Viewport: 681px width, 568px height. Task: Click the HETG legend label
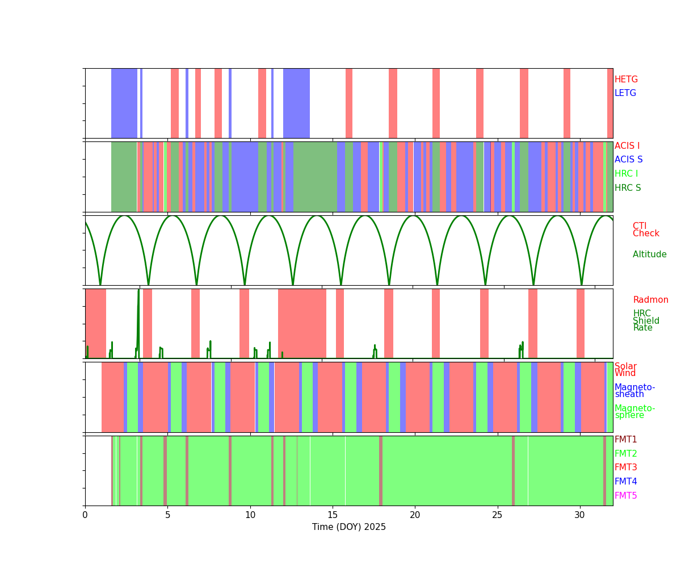[x=626, y=80]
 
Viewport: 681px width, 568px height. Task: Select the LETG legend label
[x=625, y=93]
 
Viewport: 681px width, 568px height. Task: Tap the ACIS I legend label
[x=627, y=146]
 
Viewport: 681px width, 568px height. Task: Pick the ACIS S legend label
[x=628, y=160]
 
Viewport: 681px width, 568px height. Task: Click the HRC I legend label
[x=626, y=174]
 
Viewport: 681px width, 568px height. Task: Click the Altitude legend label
[x=649, y=254]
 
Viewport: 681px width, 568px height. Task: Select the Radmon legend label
[x=650, y=300]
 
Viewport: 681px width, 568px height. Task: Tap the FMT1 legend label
[x=625, y=440]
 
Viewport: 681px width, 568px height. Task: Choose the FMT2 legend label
[x=625, y=454]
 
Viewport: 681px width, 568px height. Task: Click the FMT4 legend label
[x=625, y=482]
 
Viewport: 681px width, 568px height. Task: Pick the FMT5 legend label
[x=625, y=496]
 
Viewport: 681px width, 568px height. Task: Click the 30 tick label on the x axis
[x=579, y=515]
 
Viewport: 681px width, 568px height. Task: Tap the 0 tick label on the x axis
[x=85, y=515]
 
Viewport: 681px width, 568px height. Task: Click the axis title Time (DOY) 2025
[x=348, y=527]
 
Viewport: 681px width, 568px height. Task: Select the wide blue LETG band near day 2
[x=124, y=103]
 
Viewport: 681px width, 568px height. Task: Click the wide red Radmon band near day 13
[x=302, y=324]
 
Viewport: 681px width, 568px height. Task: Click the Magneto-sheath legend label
[x=634, y=391]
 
